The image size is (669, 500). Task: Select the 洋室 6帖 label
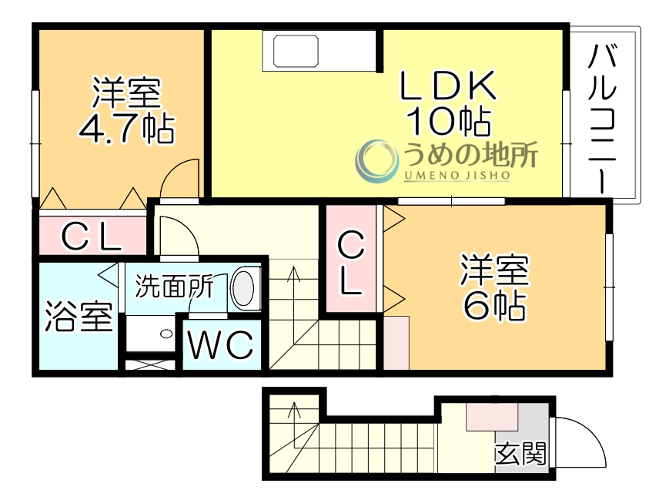click(495, 287)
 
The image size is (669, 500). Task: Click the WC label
click(222, 346)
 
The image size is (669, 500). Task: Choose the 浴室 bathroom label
click(79, 317)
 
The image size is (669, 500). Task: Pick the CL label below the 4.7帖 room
click(91, 237)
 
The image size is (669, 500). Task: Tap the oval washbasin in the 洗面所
click(243, 288)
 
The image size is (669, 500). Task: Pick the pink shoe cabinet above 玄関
click(492, 416)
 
